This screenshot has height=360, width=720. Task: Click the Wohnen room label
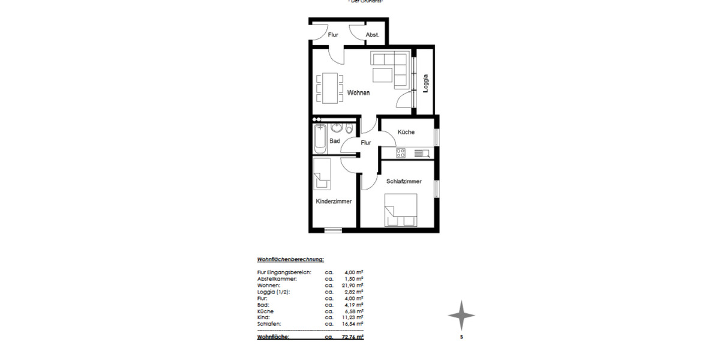[x=358, y=93]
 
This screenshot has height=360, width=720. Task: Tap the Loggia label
[x=425, y=83]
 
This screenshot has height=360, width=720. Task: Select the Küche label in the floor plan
[x=406, y=132]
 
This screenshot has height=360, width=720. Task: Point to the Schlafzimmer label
[x=404, y=181]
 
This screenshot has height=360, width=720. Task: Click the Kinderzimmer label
[x=334, y=202]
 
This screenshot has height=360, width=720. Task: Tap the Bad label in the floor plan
[x=335, y=141]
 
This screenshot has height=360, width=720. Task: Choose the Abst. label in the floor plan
[x=373, y=35]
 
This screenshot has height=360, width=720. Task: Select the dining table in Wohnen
[x=329, y=87]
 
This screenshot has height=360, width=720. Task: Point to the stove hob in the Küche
[x=401, y=154]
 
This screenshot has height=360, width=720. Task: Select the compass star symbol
[x=461, y=315]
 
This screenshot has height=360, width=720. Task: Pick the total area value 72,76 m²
[x=353, y=337]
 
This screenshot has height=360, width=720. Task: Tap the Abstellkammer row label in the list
[x=278, y=279]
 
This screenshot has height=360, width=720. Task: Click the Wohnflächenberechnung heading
[x=290, y=260]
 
